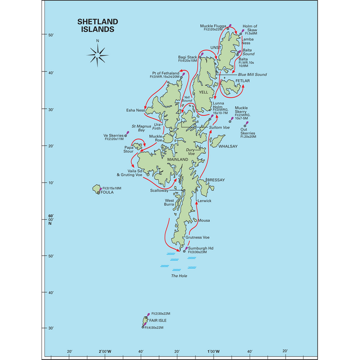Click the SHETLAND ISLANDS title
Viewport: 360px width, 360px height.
click(97, 25)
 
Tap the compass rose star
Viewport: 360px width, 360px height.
click(100, 56)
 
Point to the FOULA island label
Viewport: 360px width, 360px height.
click(107, 193)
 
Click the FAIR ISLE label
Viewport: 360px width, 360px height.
click(157, 321)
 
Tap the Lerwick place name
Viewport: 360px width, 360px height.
click(204, 201)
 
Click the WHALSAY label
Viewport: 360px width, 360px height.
click(227, 146)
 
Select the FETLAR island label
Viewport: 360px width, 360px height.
click(242, 81)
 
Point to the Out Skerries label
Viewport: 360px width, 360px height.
click(247, 133)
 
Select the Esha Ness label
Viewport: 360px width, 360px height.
click(135, 110)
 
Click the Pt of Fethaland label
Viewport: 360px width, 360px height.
click(163, 73)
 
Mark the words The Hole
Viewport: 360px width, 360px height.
click(178, 276)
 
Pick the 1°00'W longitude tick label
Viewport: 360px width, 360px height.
click(213, 352)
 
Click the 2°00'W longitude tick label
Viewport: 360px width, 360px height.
click(105, 352)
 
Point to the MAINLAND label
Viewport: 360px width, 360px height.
click(179, 159)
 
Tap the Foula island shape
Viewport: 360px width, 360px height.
click(97, 189)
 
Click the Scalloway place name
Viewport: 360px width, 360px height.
click(159, 190)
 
